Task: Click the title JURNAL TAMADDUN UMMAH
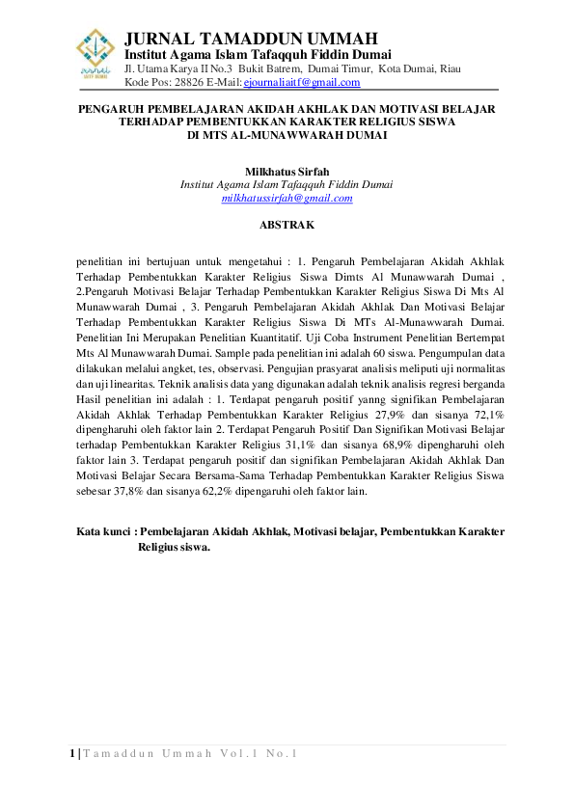pyautogui.click(x=252, y=39)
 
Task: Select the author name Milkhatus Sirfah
pyautogui.click(x=287, y=171)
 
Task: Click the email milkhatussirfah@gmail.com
pyautogui.click(x=287, y=198)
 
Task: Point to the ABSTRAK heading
pyautogui.click(x=287, y=225)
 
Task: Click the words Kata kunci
pyautogui.click(x=103, y=531)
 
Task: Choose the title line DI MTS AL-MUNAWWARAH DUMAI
pyautogui.click(x=287, y=136)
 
